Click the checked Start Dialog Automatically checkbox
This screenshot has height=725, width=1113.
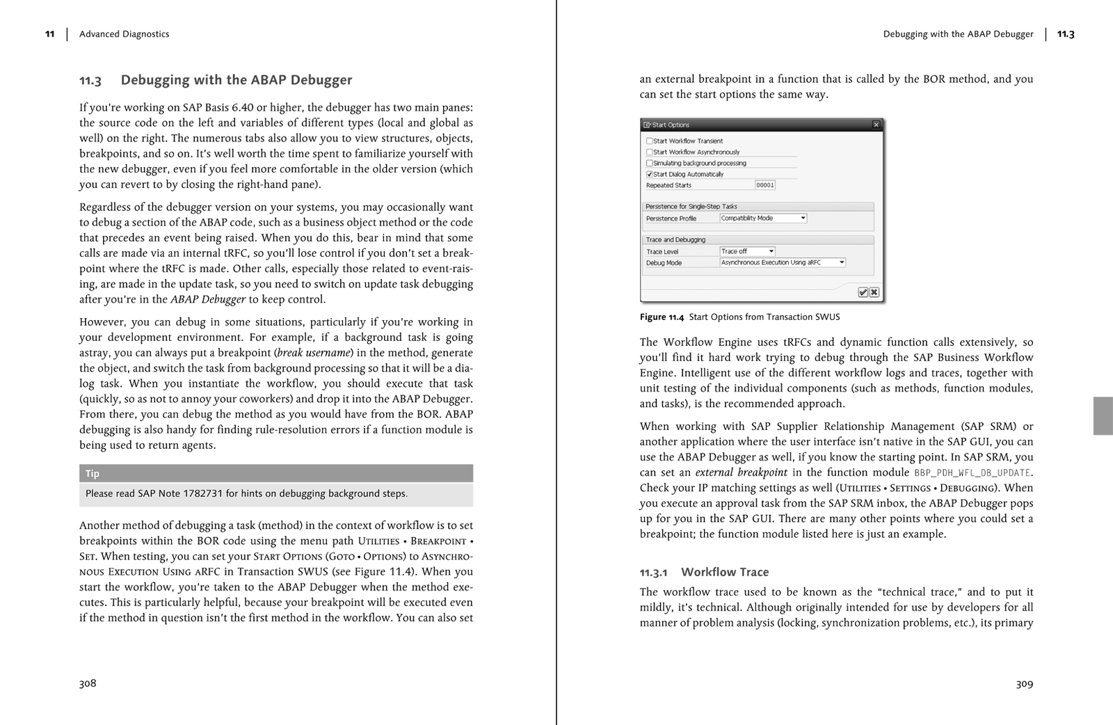tap(649, 174)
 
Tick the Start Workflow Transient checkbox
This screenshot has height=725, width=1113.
tap(649, 141)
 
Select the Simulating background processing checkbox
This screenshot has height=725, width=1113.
tap(649, 163)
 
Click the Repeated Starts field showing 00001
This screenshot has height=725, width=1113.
tap(764, 185)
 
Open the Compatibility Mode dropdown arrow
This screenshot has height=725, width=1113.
tap(803, 218)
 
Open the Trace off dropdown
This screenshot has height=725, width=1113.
tap(747, 251)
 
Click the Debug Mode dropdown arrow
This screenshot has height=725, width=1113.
tap(841, 262)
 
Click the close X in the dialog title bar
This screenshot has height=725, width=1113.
tap(876, 125)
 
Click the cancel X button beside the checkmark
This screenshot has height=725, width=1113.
tap(874, 292)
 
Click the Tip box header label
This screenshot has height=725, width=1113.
tap(93, 474)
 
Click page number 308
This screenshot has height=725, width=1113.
tap(88, 683)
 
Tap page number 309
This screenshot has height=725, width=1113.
tap(1024, 684)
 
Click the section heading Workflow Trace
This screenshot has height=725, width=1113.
tap(724, 572)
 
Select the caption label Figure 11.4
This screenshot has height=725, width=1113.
tap(662, 317)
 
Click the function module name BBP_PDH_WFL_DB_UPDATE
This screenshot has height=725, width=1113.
tap(972, 472)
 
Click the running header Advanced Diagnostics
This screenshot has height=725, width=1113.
tap(124, 34)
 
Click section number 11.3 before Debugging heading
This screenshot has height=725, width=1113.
tap(90, 81)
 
